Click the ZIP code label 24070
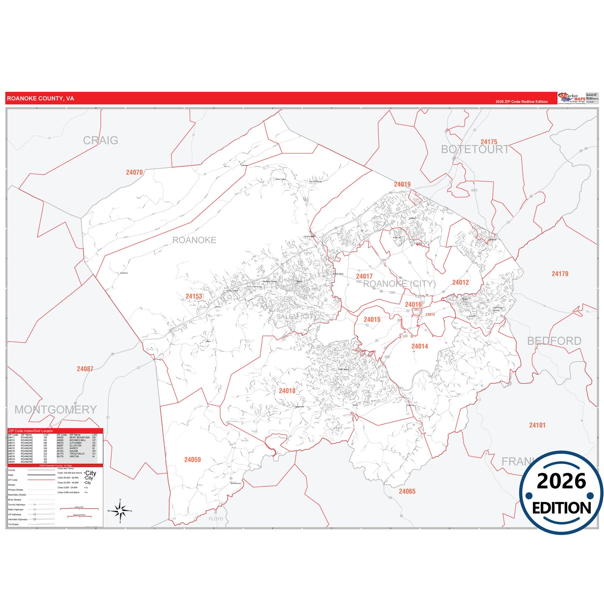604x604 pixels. point(134,172)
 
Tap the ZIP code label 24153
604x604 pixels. point(194,296)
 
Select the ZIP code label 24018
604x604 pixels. point(287,391)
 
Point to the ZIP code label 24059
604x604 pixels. point(192,460)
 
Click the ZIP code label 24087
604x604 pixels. point(85,369)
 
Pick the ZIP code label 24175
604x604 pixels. point(489,142)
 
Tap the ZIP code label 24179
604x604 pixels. point(560,274)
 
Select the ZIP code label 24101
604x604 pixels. point(537,425)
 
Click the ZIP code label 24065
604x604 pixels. point(407,491)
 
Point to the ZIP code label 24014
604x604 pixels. point(419,346)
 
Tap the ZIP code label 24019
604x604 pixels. point(402,184)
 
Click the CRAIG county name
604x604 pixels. point(100,140)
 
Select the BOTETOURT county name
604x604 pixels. point(475,150)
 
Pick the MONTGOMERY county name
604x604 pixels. point(56,410)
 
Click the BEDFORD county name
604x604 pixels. point(554,341)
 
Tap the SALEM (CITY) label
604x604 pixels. point(298,316)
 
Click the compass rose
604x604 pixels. point(120,511)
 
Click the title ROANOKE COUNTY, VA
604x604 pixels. point(41,99)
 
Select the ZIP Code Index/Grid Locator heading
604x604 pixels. point(31,431)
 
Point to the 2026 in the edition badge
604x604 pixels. point(561,481)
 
